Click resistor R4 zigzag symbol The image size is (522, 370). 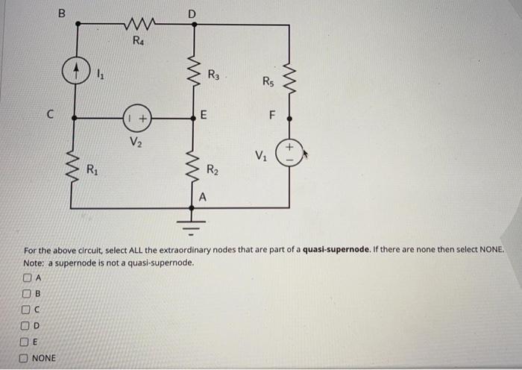tap(137, 25)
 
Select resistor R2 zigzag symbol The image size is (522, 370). tap(195, 168)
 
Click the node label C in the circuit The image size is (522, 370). tap(50, 116)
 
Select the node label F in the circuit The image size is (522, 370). tap(272, 116)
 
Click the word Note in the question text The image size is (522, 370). tap(33, 263)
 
